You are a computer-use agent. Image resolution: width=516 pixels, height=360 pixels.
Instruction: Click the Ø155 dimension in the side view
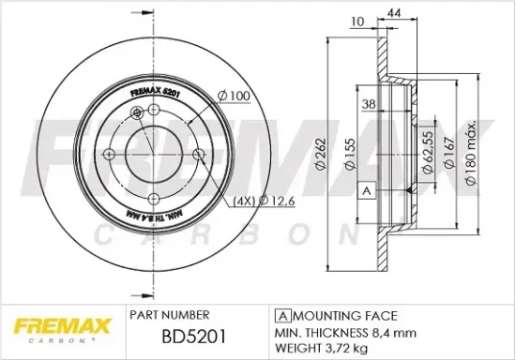[x=347, y=155]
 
